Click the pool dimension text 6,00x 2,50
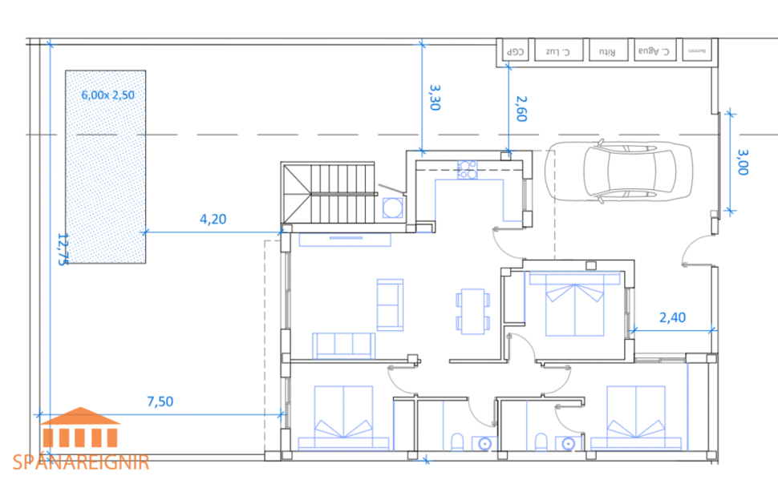[107, 94]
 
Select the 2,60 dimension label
[521, 107]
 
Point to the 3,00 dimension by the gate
[741, 161]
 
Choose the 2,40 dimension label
[672, 317]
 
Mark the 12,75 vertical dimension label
[62, 248]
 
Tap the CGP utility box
[515, 52]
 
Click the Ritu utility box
[607, 52]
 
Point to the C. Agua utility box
[653, 51]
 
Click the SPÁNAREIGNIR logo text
[81, 462]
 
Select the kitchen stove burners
[467, 169]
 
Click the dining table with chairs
[472, 311]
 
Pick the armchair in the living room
[391, 304]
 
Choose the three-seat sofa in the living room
[344, 345]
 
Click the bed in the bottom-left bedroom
[343, 416]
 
